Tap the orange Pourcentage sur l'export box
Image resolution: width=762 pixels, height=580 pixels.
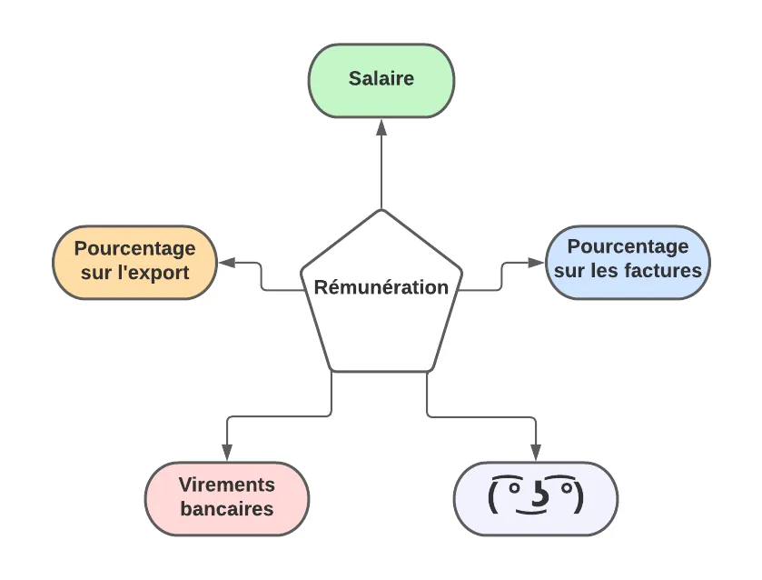pos(134,262)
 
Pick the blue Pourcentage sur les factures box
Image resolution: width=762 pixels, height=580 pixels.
pos(628,262)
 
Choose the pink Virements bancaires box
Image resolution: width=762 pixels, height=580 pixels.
pos(226,498)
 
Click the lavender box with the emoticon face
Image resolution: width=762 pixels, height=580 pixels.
pos(535,498)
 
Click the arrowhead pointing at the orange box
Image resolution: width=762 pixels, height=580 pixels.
pos(225,264)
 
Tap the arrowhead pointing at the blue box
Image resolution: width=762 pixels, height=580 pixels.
pos(538,264)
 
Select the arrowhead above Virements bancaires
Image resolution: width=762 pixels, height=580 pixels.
pos(227,453)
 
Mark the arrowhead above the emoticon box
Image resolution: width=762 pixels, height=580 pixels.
pos(536,453)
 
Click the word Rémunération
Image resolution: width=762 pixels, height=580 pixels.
pos(381,287)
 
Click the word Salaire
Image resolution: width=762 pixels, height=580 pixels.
pos(381,79)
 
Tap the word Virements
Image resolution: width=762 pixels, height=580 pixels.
pos(226,485)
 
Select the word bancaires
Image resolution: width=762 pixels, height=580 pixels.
pos(227,509)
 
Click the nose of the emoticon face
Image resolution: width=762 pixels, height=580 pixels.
pos(537,496)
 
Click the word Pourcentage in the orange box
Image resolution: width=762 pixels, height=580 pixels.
pos(134,248)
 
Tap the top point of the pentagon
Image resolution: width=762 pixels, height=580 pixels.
pos(381,211)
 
